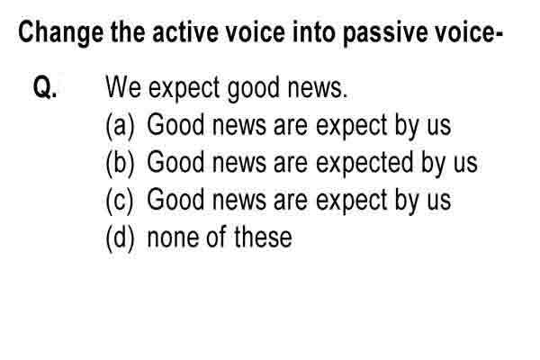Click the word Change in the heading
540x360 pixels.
click(x=60, y=33)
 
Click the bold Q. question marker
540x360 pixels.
click(x=45, y=87)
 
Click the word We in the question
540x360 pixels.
click(x=123, y=86)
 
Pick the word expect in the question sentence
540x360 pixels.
click(x=184, y=88)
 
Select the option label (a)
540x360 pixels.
click(x=120, y=126)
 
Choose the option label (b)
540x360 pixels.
click(x=120, y=164)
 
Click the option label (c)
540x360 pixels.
click(x=119, y=202)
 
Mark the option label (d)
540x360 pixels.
click(x=120, y=238)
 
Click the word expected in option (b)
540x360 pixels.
click(x=364, y=163)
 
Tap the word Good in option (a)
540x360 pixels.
click(x=175, y=124)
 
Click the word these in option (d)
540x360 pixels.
click(x=263, y=237)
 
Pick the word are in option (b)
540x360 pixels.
click(x=291, y=163)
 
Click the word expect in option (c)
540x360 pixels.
click(x=352, y=202)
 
